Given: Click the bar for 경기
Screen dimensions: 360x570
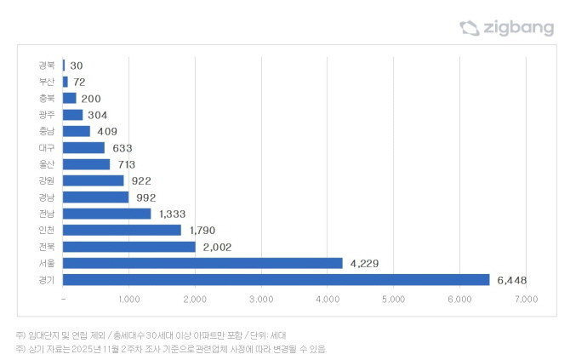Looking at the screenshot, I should (x=276, y=279).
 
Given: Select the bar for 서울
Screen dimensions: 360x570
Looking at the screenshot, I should (x=203, y=263).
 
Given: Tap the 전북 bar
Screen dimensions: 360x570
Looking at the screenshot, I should (x=129, y=247).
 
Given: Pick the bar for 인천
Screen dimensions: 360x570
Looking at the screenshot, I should (x=123, y=230).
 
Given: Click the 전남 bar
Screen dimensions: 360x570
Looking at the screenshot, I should (x=107, y=214).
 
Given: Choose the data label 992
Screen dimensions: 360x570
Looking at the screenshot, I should (x=146, y=197).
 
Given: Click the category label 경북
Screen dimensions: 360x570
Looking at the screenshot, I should (x=47, y=66).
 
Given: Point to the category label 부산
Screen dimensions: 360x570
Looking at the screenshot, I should (x=47, y=82).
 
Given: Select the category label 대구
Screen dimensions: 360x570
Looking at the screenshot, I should (x=47, y=148).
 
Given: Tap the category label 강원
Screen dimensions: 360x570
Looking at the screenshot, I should (x=47, y=180).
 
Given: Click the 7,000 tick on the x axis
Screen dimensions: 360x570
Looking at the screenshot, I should (x=526, y=300).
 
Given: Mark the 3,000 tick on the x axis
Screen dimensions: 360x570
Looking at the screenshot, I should (x=261, y=300).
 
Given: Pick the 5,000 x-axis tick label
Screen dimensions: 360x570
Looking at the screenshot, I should (x=394, y=300).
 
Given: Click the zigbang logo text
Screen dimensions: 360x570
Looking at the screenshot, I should (x=517, y=28).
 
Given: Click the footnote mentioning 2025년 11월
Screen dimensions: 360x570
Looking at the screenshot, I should (x=171, y=349).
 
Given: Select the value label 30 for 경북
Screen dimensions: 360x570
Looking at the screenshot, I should (x=77, y=66).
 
